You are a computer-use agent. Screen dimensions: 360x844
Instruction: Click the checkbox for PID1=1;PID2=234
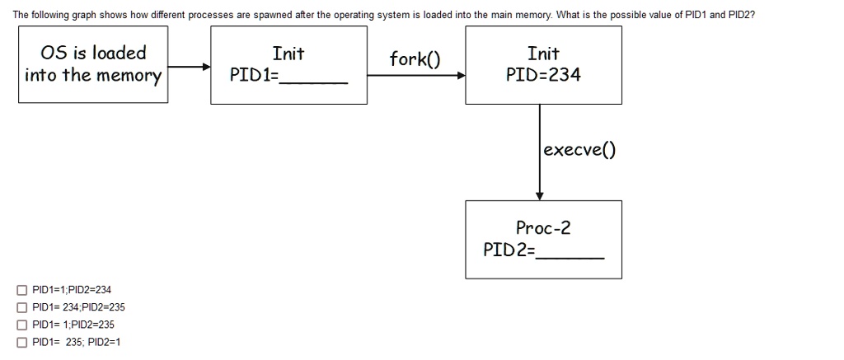pos(21,290)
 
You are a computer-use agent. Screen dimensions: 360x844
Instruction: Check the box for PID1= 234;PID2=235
pos(21,307)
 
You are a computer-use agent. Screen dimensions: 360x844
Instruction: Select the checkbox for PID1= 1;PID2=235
pos(21,325)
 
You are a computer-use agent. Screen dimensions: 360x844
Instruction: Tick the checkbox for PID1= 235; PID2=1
pos(21,342)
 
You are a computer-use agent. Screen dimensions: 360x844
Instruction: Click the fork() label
pos(415,59)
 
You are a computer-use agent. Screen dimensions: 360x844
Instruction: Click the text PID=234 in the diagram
pos(543,76)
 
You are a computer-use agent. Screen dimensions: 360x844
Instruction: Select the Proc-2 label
pos(543,227)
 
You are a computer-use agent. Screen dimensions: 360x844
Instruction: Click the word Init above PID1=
pos(288,54)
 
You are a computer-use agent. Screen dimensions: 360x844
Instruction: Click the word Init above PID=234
pos(543,54)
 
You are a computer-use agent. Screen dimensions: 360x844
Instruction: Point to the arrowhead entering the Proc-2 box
pos(540,196)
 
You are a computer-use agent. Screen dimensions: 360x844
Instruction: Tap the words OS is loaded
pos(93,54)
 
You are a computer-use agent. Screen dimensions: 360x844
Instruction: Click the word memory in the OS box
pos(129,77)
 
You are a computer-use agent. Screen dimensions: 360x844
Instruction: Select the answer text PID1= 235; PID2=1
pos(76,342)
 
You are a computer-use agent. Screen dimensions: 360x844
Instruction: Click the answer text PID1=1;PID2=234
pos(71,290)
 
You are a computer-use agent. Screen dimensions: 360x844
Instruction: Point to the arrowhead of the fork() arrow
pos(462,76)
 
